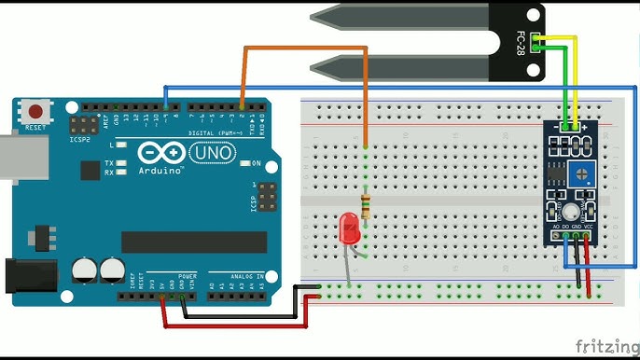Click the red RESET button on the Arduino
click(35, 110)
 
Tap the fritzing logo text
click(605, 346)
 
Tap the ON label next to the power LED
click(256, 163)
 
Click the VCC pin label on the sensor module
click(589, 226)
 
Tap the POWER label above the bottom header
click(187, 277)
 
